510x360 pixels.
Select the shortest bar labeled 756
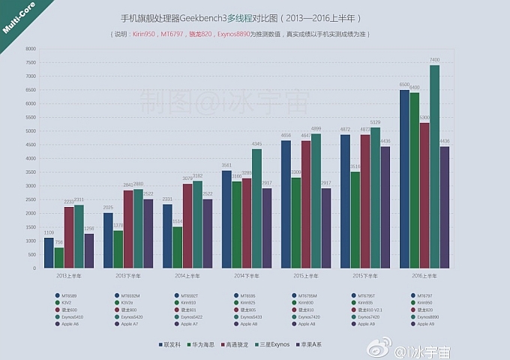coord(58,257)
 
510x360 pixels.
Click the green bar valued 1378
coord(118,249)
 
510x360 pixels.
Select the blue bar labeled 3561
coord(226,219)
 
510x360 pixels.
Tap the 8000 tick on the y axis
coord(30,49)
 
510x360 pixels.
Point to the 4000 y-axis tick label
coord(30,158)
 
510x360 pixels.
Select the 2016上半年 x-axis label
coord(424,276)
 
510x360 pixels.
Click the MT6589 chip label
coord(70,295)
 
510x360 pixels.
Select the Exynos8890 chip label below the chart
coord(427,317)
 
